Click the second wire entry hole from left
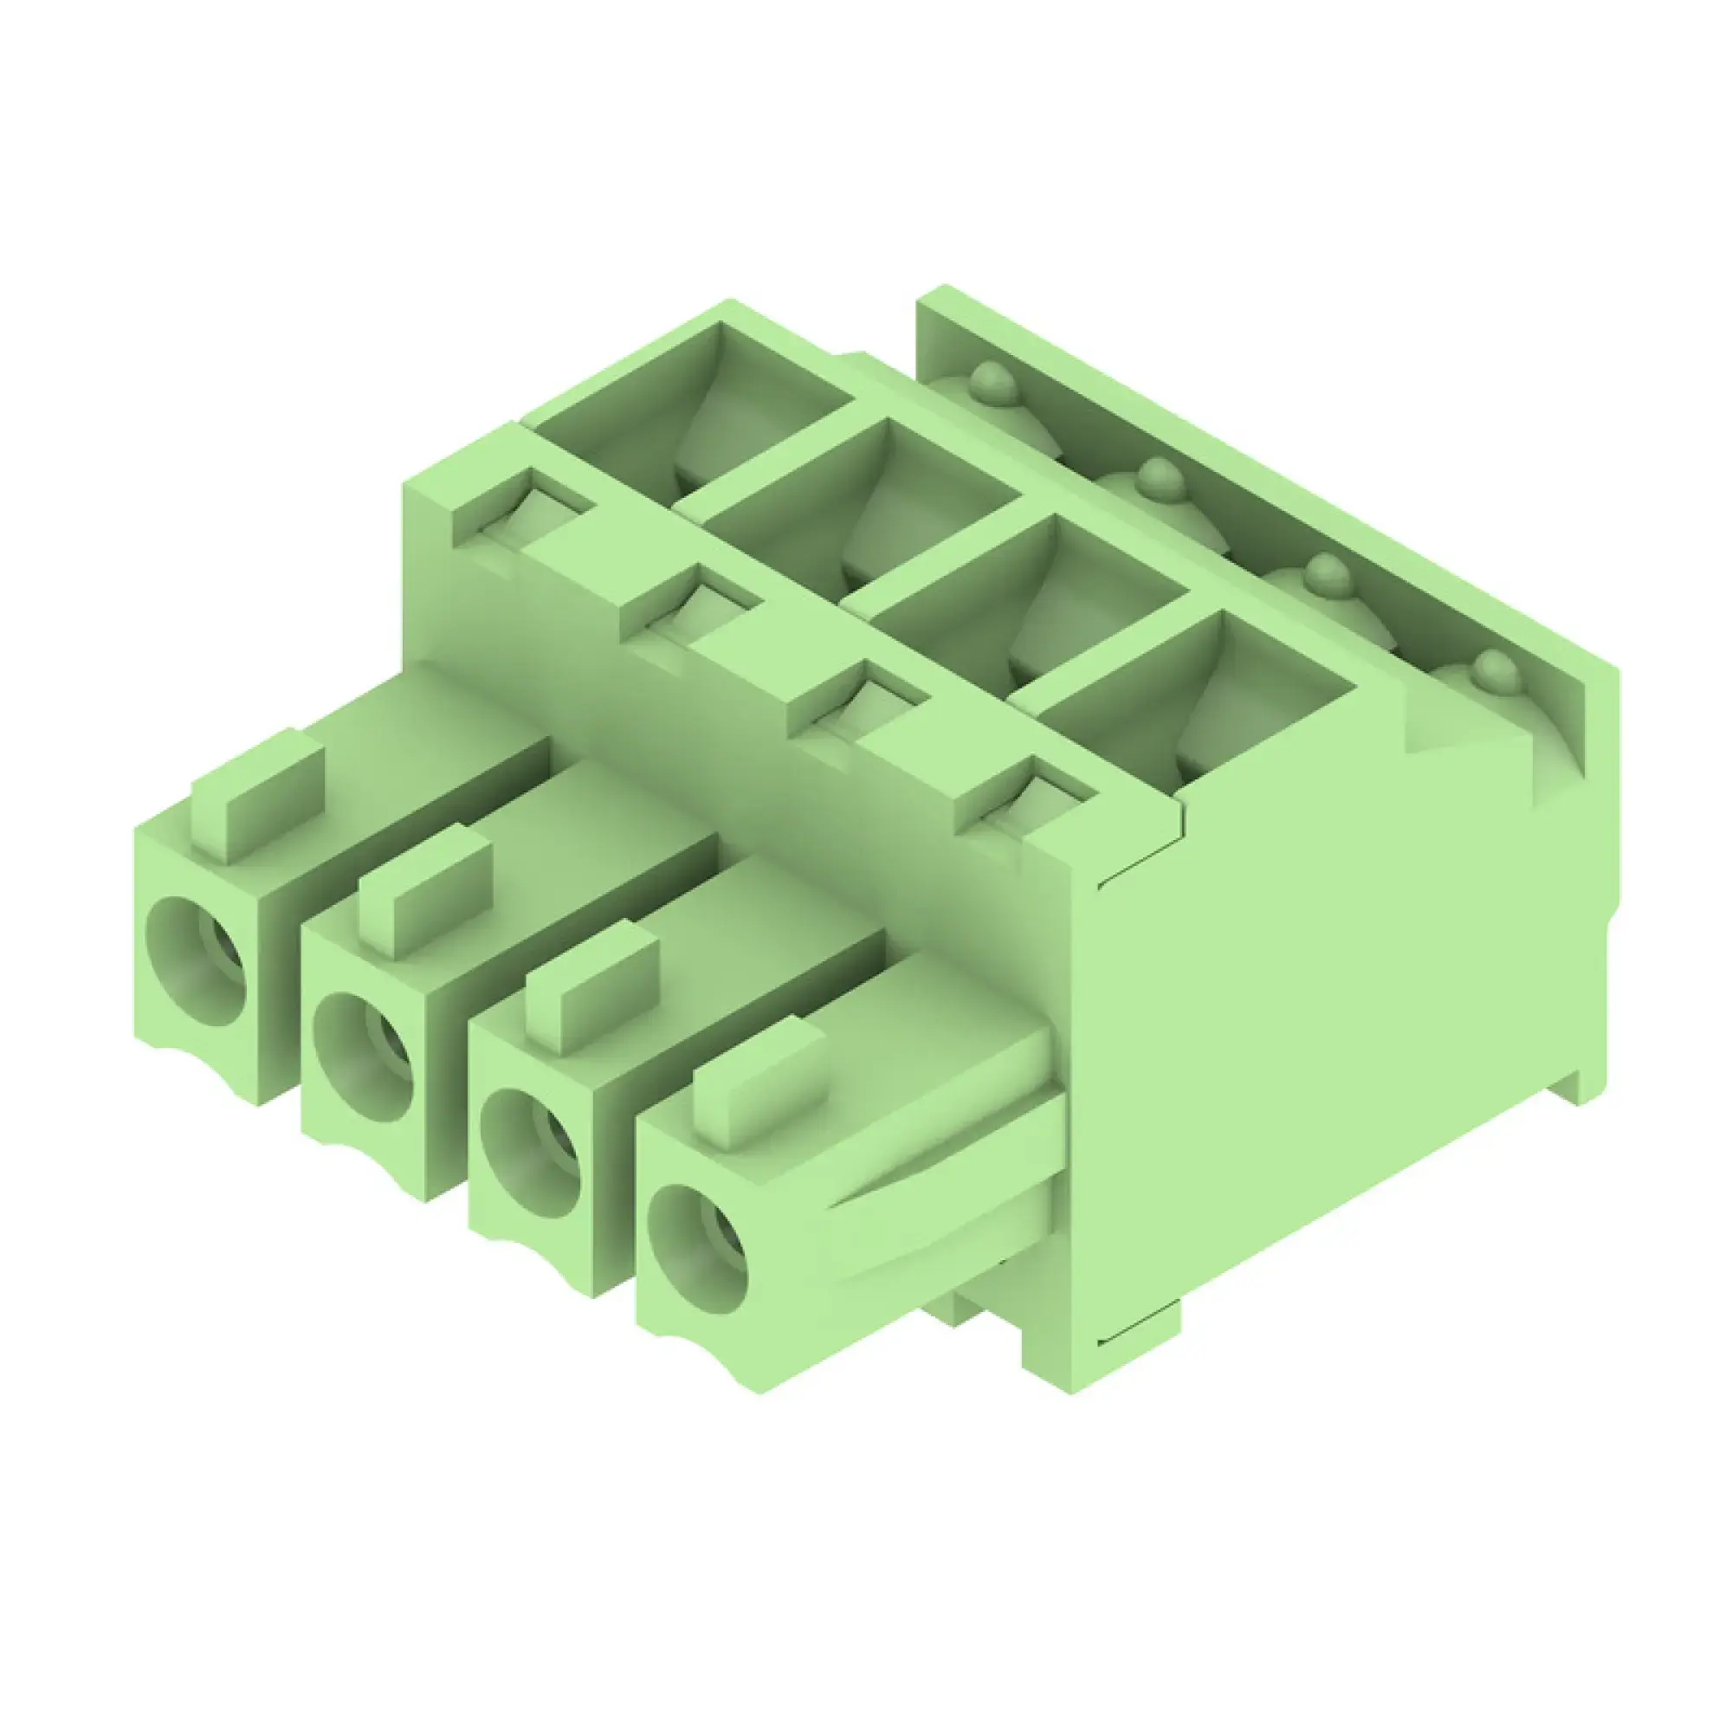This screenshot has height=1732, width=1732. (x=364, y=1058)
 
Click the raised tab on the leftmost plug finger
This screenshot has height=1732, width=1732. (x=258, y=795)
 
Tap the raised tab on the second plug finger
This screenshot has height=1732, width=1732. (x=426, y=891)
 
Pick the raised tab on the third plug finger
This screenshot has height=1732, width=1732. (x=592, y=987)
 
